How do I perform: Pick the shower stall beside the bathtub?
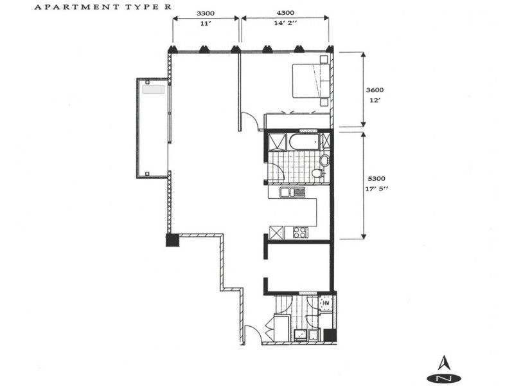point(276,142)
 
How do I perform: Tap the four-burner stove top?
point(299,232)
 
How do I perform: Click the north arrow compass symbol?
point(443,369)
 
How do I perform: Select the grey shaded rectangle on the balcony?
point(154,91)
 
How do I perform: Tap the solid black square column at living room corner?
point(172,240)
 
